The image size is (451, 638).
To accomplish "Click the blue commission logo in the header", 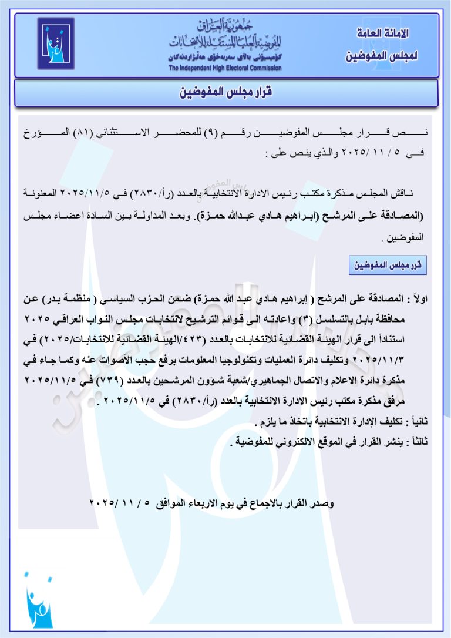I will pyautogui.click(x=56, y=43).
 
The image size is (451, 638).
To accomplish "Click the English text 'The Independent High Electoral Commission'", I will pyautogui.click(x=225, y=68).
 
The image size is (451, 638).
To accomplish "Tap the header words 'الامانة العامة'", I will pyautogui.click(x=382, y=33).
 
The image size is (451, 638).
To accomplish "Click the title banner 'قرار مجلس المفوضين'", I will pyautogui.click(x=226, y=92).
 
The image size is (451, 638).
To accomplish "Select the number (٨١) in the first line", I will pyautogui.click(x=364, y=134).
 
